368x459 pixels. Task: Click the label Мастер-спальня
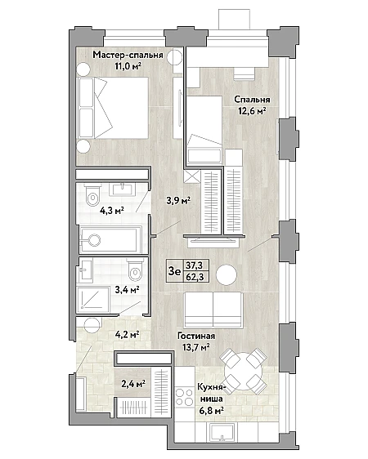point(128,55)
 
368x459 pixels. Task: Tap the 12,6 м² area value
point(252,111)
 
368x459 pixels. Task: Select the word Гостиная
point(196,336)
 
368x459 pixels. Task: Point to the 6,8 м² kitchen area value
point(211,411)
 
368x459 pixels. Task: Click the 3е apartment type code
point(174,271)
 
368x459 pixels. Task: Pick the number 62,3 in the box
point(195,277)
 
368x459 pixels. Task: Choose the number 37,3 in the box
point(195,265)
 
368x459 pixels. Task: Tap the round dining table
point(243,371)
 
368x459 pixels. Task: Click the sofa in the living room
point(213,310)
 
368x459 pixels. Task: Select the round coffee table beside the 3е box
point(227,274)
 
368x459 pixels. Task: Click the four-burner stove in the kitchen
point(184,396)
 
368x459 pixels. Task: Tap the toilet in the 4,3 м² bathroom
point(93,196)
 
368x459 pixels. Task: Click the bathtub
point(110,240)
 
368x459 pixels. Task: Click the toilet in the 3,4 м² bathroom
point(135,270)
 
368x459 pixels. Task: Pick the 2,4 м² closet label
point(133,384)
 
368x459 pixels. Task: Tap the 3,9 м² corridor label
point(178,201)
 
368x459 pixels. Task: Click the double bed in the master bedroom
point(113,108)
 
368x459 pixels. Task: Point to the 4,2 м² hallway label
point(127,334)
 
